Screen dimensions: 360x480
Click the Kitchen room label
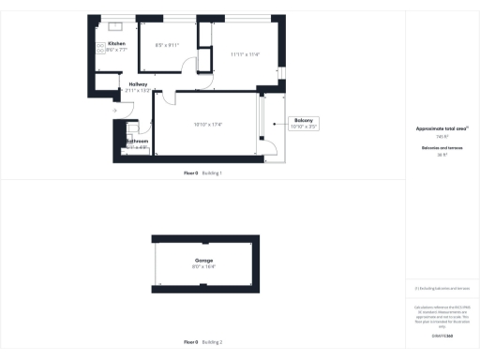(116, 44)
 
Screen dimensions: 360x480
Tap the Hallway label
(138, 83)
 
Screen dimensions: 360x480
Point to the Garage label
(204, 260)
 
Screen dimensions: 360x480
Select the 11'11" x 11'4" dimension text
(245, 53)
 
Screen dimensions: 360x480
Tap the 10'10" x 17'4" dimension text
(207, 124)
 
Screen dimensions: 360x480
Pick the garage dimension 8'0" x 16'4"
(204, 267)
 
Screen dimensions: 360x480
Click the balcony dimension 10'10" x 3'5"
(303, 125)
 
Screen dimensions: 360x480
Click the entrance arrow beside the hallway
(114, 111)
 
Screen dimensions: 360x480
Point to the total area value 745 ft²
(442, 136)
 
